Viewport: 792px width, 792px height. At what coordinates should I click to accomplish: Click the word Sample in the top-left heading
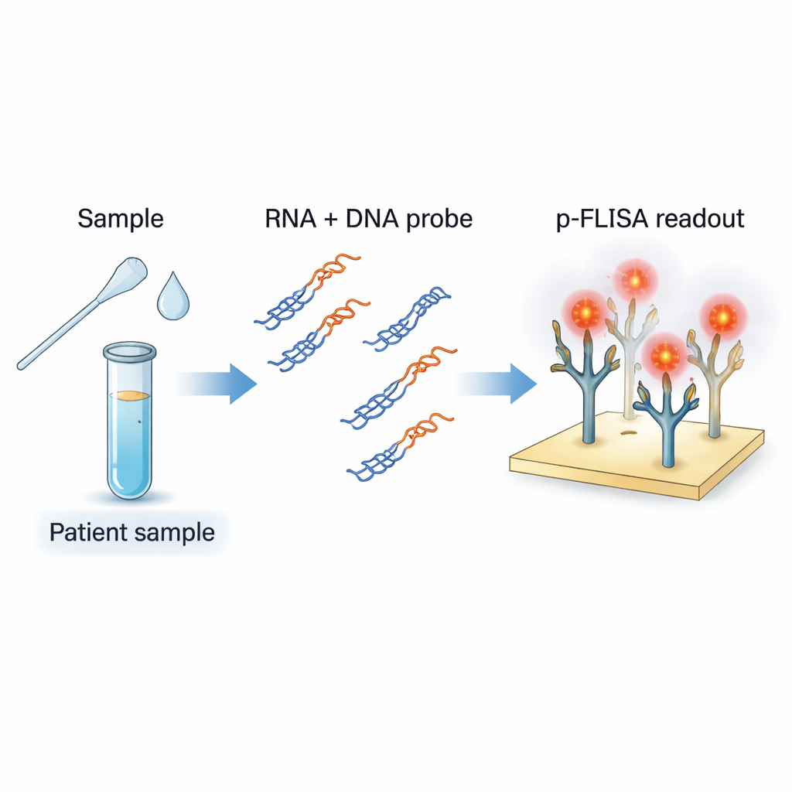(121, 219)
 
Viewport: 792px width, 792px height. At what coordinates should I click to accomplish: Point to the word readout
(699, 219)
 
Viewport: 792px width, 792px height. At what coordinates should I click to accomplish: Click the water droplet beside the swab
(172, 297)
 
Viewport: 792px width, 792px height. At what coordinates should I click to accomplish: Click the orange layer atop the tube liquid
(130, 396)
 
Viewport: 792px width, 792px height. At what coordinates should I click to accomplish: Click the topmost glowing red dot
(634, 280)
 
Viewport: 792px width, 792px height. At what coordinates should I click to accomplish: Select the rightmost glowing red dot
(722, 317)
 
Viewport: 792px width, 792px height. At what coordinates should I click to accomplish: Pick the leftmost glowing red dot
(586, 312)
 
